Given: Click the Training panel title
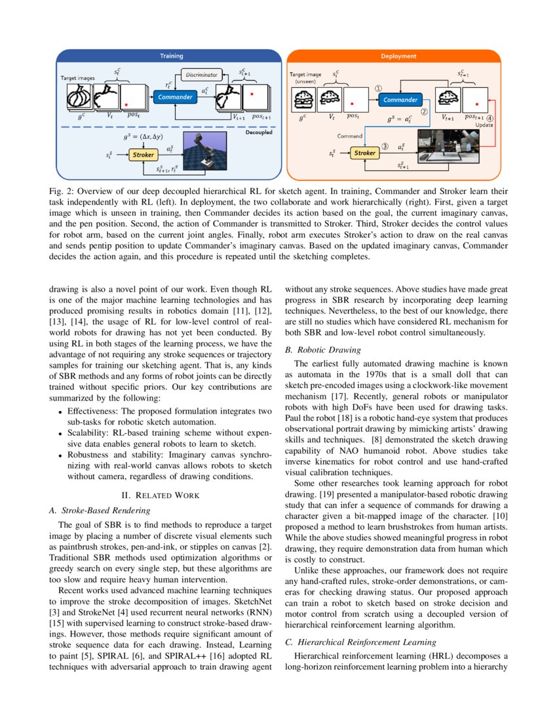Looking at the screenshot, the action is point(172,56).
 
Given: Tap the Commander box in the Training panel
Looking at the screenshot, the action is point(174,97).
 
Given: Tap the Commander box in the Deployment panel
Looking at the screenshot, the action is point(400,100).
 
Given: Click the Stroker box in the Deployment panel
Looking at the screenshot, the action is point(365,153).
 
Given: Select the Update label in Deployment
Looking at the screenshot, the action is point(484,124).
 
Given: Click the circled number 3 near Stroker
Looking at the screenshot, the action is point(385,147).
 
